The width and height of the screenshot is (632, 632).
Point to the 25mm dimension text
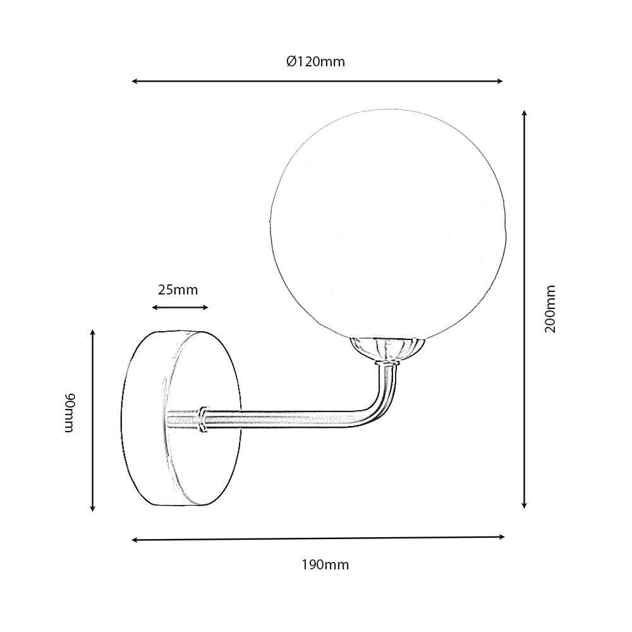(178, 290)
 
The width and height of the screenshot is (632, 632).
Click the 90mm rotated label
(70, 412)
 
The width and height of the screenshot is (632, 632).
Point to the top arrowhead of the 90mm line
(93, 333)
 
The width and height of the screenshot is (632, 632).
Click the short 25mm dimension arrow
(180, 308)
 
